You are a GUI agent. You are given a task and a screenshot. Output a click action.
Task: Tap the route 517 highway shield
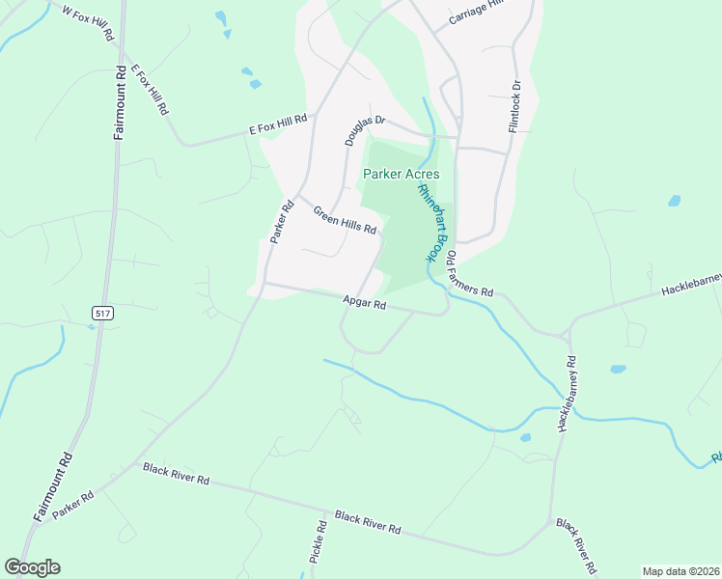tap(101, 313)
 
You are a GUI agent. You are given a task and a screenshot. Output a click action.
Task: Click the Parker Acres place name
tap(402, 174)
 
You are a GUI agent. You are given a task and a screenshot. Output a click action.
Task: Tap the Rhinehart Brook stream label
tap(434, 222)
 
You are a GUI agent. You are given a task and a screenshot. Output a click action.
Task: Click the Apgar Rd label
tap(364, 303)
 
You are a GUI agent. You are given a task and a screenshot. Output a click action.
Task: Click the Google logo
tap(32, 567)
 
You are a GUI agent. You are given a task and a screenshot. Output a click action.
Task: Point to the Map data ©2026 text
tap(680, 571)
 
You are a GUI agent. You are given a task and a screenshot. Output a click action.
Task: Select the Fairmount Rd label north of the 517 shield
tap(120, 102)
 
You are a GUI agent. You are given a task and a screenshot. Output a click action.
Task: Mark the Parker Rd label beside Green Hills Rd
tap(281, 221)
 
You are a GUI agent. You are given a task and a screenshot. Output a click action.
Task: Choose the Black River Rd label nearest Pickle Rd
tap(368, 522)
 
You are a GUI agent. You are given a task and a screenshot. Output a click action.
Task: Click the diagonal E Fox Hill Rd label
tap(151, 91)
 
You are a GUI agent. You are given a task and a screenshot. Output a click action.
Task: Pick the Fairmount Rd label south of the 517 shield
tap(53, 487)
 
